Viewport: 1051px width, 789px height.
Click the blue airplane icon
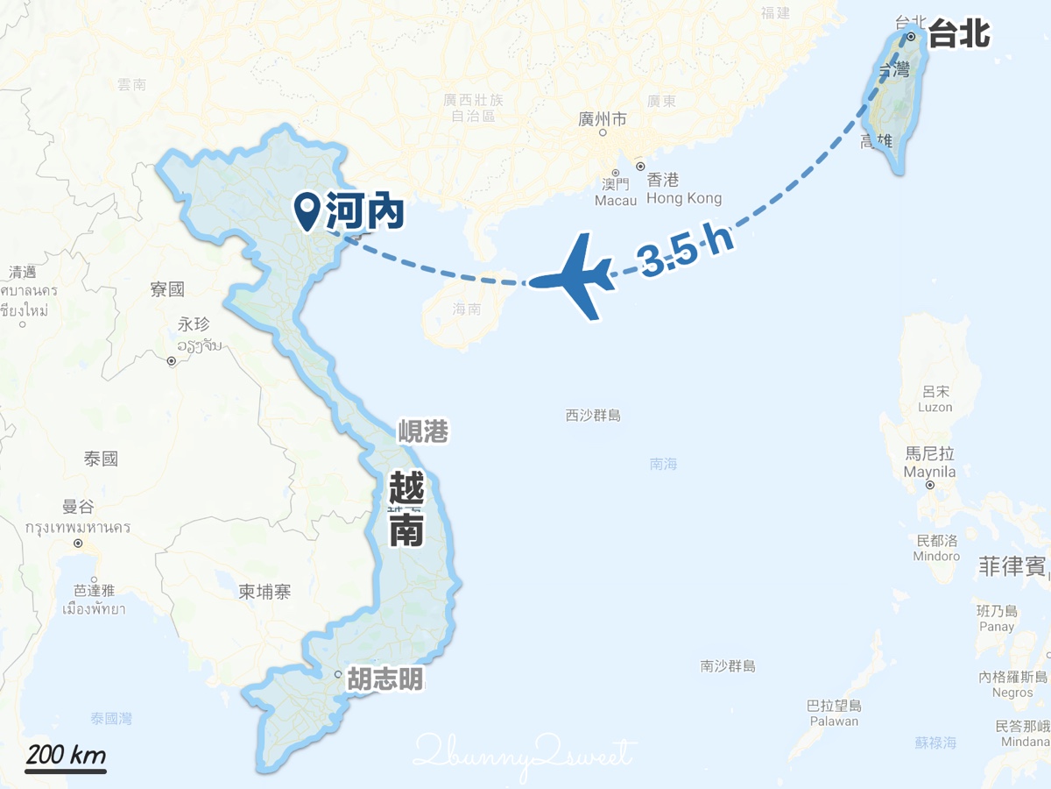point(574,277)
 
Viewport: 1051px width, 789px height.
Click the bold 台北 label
point(958,36)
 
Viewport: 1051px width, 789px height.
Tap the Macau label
point(616,200)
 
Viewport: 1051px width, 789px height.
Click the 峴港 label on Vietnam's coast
point(423,431)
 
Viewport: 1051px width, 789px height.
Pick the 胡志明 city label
point(384,679)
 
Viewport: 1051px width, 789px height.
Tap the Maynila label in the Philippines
point(929,473)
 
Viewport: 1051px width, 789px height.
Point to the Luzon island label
point(935,407)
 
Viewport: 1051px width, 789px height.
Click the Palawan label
point(834,721)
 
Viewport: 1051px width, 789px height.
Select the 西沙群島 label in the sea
point(593,416)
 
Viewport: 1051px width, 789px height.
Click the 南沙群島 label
point(728,666)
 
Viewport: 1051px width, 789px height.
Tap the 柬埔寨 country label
point(265,592)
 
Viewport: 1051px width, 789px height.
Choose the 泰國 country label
point(101,458)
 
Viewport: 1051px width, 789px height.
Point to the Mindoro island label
point(936,556)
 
